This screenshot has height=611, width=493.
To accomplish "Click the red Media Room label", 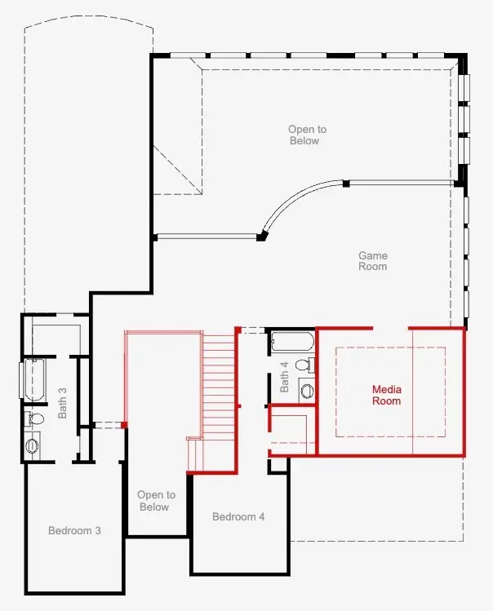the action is (x=387, y=395).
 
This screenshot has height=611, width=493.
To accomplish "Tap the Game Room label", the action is (x=373, y=261).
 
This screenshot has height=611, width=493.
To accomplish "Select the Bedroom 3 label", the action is (x=74, y=530).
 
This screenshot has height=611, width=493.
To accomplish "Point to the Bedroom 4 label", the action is (x=238, y=516).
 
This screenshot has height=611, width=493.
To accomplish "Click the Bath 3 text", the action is (x=62, y=403).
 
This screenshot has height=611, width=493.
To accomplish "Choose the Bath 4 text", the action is (x=284, y=377).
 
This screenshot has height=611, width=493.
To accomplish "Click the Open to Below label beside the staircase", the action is (x=156, y=501).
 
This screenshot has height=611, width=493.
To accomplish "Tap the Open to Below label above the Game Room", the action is (x=307, y=135).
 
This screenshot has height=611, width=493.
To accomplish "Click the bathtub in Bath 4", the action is (x=292, y=342).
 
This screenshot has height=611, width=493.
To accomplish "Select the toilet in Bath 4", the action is (x=304, y=365).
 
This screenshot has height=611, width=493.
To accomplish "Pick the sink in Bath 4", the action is (x=307, y=391).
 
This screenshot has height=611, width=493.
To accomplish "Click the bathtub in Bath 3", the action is (x=34, y=380).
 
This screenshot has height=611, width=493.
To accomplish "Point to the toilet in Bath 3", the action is (x=34, y=419).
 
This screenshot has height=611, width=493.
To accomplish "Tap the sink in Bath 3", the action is (x=32, y=445).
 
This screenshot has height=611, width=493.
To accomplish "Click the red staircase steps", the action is (x=219, y=401).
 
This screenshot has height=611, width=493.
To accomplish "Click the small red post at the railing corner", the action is (x=124, y=425).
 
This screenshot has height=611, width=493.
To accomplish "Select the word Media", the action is (x=387, y=389).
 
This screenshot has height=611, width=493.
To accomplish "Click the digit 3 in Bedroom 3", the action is (x=98, y=530).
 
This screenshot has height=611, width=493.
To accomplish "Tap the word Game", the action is (x=373, y=255).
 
